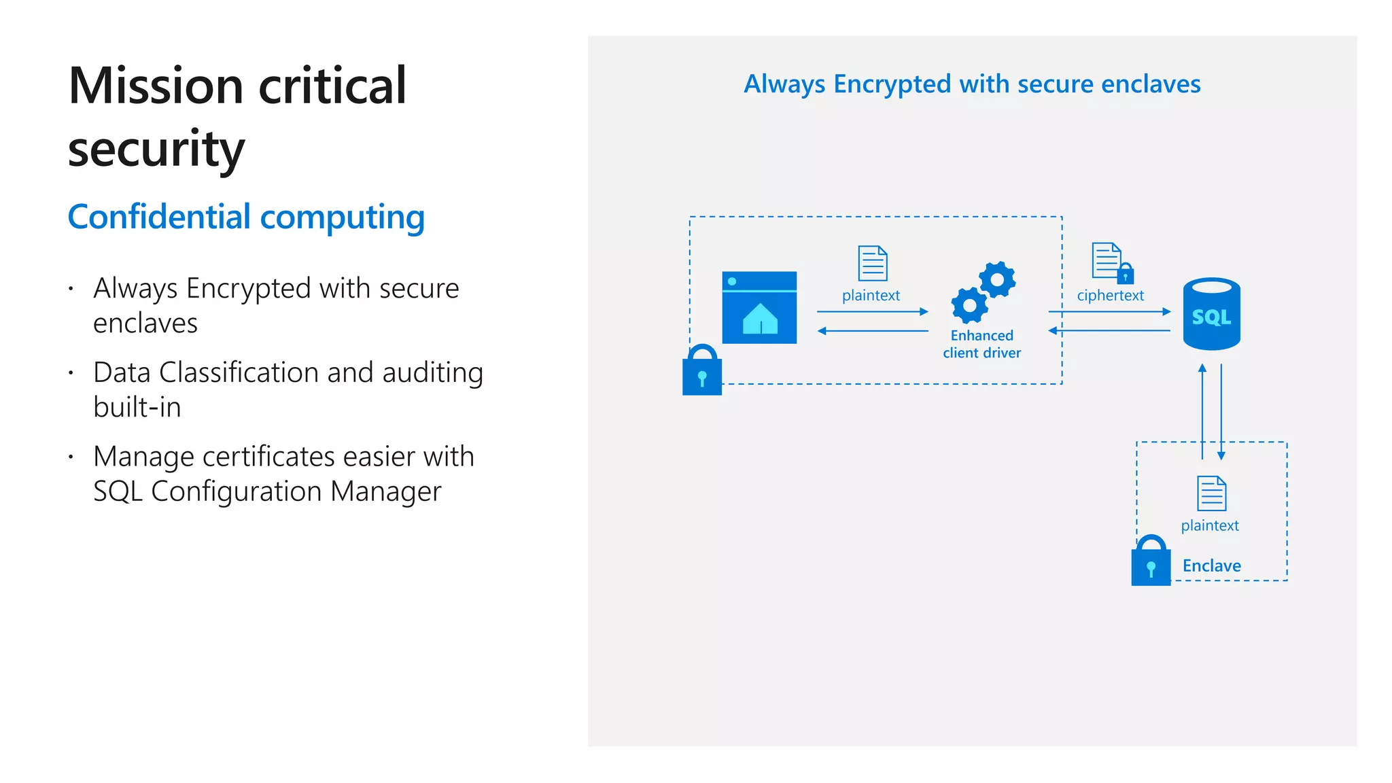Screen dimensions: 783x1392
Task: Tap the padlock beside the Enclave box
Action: click(x=1151, y=561)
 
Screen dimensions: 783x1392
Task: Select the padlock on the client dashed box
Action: click(x=702, y=371)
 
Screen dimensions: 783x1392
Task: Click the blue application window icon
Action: click(x=759, y=307)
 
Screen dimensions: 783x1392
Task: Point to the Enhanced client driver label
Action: click(x=981, y=344)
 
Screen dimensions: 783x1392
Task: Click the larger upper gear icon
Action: click(x=997, y=279)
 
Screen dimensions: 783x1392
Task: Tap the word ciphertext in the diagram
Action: click(x=1110, y=296)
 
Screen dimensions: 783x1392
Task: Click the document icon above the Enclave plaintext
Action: click(x=1211, y=493)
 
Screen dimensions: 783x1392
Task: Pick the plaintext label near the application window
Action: click(x=871, y=296)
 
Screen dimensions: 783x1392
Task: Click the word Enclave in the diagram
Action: click(x=1211, y=565)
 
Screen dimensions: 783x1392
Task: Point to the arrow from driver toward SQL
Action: click(x=1109, y=312)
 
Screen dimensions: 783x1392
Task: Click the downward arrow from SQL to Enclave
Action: click(x=1221, y=411)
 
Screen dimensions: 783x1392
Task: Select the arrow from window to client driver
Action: click(x=872, y=312)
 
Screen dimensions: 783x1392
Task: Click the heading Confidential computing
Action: click(x=246, y=217)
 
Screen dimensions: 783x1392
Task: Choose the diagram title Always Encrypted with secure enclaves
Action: click(x=972, y=84)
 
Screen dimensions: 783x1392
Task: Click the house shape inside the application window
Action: click(x=760, y=319)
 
